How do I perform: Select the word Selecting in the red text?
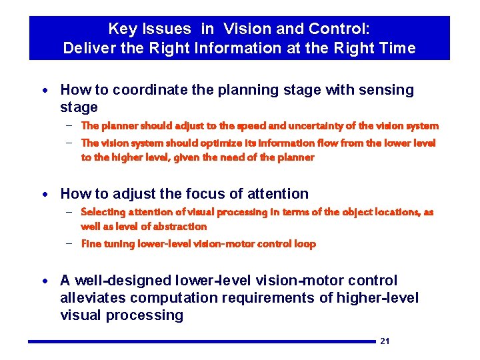point(104,212)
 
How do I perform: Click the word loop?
point(305,244)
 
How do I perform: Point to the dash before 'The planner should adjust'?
point(69,125)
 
